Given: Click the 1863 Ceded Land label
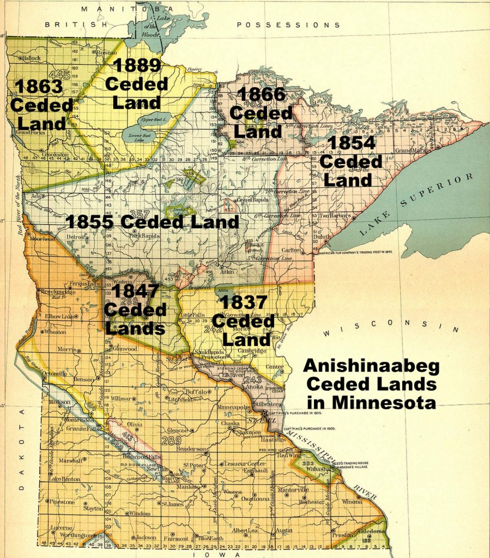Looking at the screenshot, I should click(41, 105).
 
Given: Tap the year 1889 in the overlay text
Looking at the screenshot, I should click(137, 66).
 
